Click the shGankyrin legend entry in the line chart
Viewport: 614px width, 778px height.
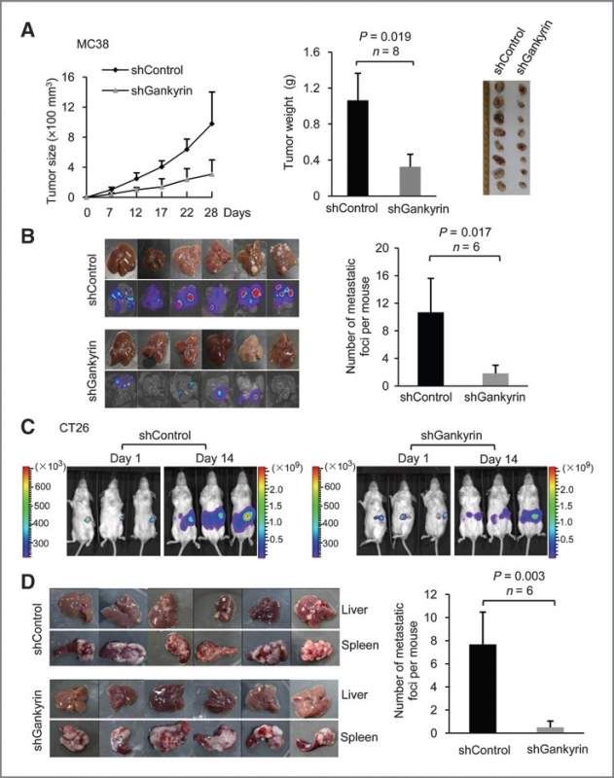pyautogui.click(x=155, y=89)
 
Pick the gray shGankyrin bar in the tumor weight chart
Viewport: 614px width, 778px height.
pyautogui.click(x=413, y=181)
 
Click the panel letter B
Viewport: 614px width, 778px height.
pyautogui.click(x=30, y=234)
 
